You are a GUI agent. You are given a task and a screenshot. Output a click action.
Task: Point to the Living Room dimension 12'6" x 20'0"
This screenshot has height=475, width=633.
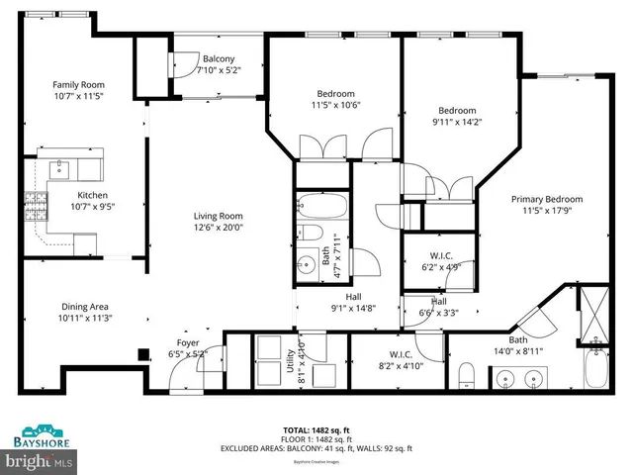[x=219, y=227]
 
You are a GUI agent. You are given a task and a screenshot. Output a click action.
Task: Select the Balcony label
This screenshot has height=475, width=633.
[x=218, y=58]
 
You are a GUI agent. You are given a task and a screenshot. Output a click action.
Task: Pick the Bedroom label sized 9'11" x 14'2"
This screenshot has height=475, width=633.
[x=458, y=111]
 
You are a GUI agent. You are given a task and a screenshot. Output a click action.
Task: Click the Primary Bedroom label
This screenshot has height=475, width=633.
[x=546, y=198]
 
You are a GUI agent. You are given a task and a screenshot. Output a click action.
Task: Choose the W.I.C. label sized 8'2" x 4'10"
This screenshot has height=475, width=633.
[x=402, y=353]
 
